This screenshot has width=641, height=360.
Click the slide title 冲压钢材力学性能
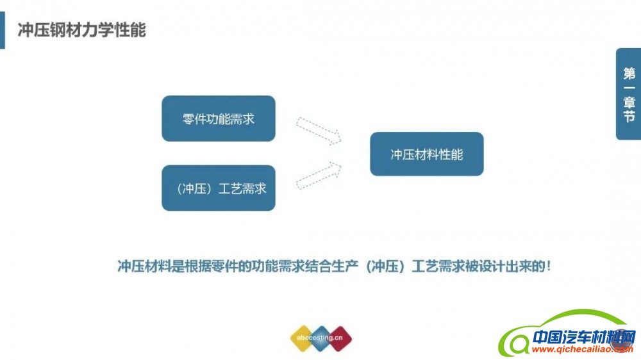pos(82,30)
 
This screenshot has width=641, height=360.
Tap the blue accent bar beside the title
pos(3,30)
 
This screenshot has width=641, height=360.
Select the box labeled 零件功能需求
pos(219,119)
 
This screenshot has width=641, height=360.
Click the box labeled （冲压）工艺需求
pos(219,188)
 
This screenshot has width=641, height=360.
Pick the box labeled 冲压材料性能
pos(427,154)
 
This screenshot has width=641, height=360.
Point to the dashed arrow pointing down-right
pos(319,131)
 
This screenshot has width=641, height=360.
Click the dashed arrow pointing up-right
pos(319,176)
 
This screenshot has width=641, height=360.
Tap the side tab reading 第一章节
pos(629,94)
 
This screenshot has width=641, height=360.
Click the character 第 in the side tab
pos(629,74)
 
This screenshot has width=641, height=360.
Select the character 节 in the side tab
pos(629,116)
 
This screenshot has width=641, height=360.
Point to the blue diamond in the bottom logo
pos(321,338)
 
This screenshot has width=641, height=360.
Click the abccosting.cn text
pos(320,338)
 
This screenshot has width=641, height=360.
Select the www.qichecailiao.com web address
pos(583,349)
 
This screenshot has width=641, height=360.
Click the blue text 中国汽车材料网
pos(585,338)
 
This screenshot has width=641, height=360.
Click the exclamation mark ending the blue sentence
pos(549,266)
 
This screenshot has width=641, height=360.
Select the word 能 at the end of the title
pos(138,30)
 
